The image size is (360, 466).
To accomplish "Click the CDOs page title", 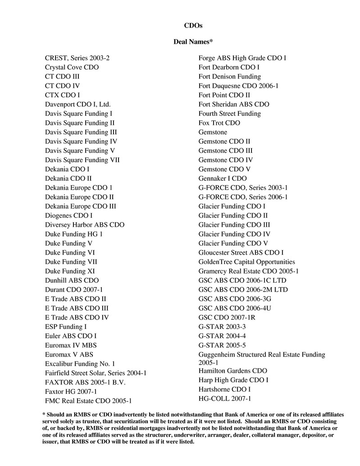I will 193,26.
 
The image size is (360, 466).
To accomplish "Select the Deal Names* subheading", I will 193,42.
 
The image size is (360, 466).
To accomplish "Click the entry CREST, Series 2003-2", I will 77,58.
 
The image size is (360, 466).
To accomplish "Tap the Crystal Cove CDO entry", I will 72,67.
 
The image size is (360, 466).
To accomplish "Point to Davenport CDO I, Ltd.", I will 78,104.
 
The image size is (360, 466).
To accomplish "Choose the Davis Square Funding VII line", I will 82,160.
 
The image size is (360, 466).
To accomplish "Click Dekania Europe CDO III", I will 81,206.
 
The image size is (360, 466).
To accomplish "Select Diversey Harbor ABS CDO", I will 85,224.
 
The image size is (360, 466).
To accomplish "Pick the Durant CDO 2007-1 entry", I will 74,289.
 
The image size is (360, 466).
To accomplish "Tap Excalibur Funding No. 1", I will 80,363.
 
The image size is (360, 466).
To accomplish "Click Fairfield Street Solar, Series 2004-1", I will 96,373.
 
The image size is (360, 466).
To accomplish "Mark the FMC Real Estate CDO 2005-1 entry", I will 88,400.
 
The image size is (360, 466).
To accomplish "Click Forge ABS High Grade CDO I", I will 242,58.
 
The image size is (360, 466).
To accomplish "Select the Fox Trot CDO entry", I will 219,123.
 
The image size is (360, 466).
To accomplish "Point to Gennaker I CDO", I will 223,178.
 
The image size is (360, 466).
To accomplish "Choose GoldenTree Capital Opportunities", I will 247,261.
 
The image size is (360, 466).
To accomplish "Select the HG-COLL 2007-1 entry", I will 225,398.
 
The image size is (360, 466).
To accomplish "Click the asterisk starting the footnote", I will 44,414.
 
